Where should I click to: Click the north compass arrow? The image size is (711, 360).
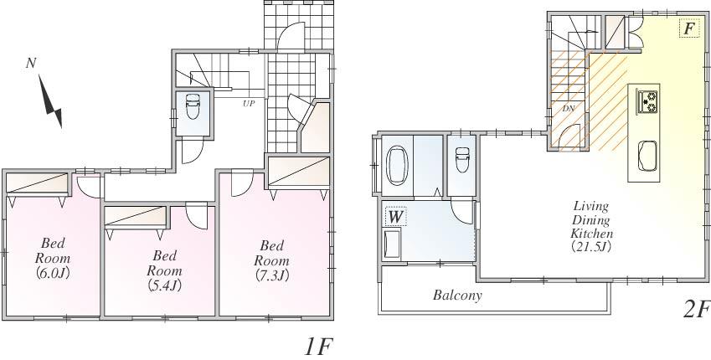coord(51,105)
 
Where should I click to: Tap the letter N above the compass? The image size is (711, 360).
coord(30,63)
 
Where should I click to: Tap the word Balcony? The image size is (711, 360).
coord(457,296)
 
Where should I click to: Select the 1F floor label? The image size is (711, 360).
coord(319,346)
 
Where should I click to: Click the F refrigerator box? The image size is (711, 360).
coord(688,29)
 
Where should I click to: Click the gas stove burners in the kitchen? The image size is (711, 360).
coord(648,102)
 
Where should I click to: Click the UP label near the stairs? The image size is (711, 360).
coord(248,104)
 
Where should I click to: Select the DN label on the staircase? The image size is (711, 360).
coord(567,108)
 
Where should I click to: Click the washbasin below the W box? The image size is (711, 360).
coord(391,246)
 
